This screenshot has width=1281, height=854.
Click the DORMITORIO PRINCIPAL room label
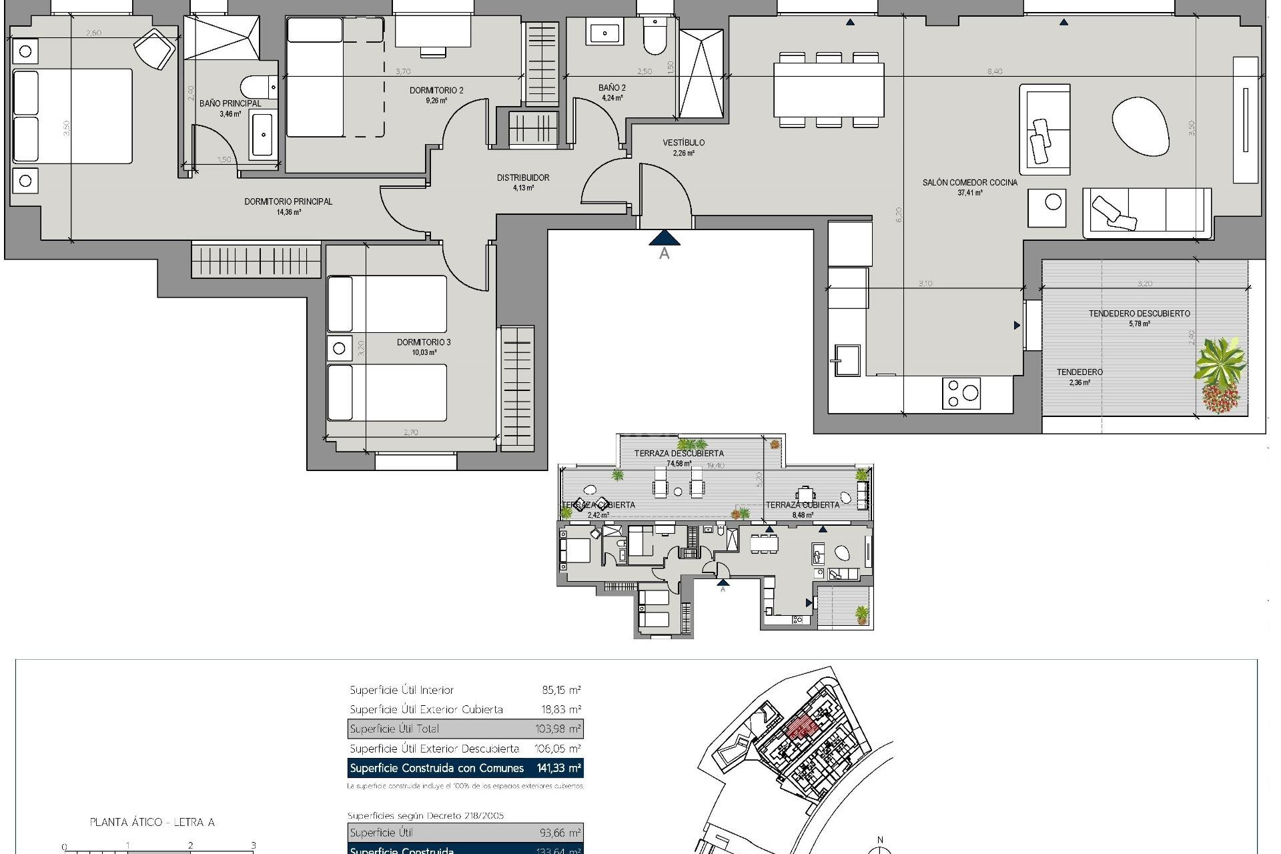tap(288, 201)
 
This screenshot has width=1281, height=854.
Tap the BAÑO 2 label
tap(612, 87)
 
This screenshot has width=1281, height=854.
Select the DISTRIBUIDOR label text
tap(523, 177)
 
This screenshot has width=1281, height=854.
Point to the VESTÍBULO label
tap(683, 143)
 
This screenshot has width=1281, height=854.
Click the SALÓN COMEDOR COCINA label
tap(970, 182)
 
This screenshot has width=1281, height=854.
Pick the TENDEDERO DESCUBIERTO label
tap(1139, 314)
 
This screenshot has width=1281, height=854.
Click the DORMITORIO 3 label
tap(424, 342)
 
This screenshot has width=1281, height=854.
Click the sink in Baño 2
tap(604, 32)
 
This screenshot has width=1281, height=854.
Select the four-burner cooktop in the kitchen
tap(961, 393)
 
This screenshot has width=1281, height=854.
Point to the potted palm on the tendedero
tap(1220, 364)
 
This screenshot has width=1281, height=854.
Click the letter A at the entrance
tap(664, 254)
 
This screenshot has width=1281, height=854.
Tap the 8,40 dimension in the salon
tap(994, 71)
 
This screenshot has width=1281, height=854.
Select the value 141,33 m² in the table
tap(558, 768)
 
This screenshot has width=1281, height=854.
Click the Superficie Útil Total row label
tap(394, 729)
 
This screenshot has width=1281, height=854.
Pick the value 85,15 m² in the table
tap(561, 690)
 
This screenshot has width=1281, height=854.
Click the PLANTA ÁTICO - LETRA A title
tap(152, 822)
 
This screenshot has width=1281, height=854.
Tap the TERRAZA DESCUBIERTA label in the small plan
tap(679, 453)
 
